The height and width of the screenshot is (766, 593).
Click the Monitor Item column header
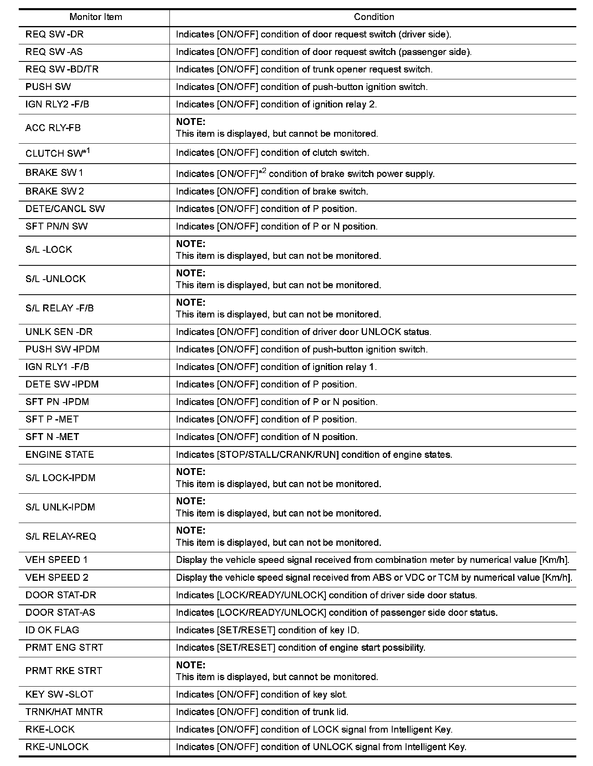96,17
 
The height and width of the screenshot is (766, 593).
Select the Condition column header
373,17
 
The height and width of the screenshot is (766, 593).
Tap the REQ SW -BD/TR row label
62,70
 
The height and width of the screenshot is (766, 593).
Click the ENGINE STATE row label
59,455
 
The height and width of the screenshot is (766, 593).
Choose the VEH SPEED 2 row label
57,578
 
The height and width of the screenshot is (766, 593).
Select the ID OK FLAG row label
52,630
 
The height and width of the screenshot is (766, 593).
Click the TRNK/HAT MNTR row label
64,712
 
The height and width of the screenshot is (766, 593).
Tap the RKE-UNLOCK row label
57,747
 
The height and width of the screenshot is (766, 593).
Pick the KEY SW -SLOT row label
59,694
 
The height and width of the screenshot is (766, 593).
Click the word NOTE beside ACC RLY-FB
191,122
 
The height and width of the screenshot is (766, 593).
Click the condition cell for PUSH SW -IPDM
302,350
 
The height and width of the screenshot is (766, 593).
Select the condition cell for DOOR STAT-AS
336,613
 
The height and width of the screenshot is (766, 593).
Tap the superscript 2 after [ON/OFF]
264,170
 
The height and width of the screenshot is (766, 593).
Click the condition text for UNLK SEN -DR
303,332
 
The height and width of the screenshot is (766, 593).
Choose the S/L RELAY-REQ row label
61,536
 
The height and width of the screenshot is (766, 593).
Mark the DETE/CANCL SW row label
65,209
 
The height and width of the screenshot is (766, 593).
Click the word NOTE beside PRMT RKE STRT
191,665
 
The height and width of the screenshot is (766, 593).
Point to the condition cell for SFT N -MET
267,437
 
